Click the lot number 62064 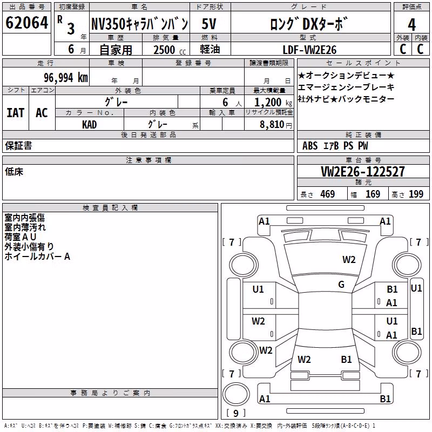click(x=26, y=23)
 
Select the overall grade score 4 click(x=411, y=25)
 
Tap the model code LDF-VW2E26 click(x=309, y=50)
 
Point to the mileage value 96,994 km click(x=66, y=78)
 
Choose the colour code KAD click(x=89, y=125)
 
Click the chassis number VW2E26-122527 click(x=363, y=172)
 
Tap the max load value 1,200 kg click(x=273, y=103)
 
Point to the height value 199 click(x=416, y=194)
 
